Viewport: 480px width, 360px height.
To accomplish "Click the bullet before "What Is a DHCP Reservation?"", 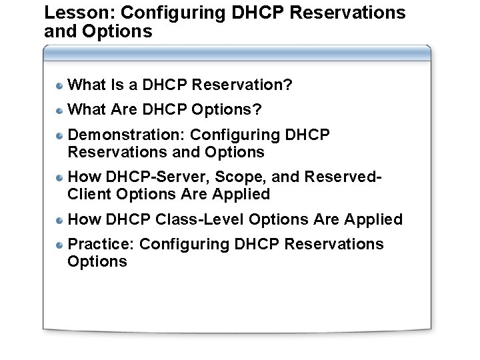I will [x=59, y=86].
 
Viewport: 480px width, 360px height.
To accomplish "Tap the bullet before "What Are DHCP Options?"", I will [x=59, y=111].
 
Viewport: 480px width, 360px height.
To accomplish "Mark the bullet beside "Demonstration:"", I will [x=59, y=136].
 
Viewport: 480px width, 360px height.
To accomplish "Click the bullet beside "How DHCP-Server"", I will [x=59, y=178].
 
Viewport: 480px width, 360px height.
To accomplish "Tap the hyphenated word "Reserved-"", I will [x=343, y=177].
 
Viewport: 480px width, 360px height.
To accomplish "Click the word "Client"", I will [x=89, y=195].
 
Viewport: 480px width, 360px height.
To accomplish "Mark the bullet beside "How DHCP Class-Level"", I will [x=59, y=221].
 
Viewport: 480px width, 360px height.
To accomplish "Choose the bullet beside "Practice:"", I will [x=59, y=245].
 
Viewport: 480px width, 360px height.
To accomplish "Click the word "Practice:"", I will [x=102, y=245].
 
